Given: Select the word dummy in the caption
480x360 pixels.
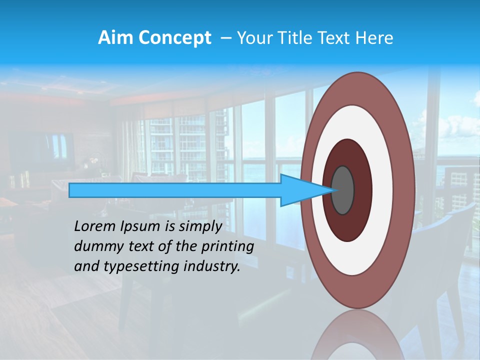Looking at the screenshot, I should click(x=98, y=246).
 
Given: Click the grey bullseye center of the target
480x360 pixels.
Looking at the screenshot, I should click(x=343, y=190).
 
